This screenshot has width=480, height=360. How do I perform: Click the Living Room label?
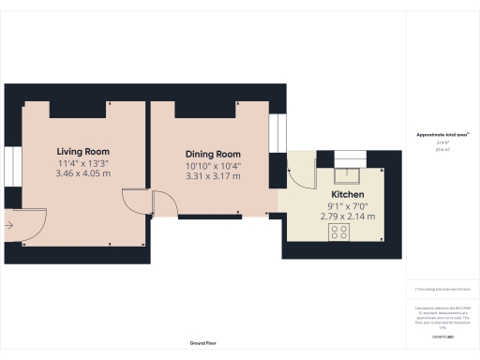(82, 151)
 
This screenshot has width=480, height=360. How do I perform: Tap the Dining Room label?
(213, 154)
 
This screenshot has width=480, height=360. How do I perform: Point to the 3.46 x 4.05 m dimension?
(82, 173)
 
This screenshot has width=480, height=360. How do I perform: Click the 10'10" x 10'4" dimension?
(213, 165)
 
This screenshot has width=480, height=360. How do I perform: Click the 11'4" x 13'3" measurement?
(82, 162)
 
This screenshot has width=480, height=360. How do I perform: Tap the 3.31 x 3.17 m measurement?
(213, 176)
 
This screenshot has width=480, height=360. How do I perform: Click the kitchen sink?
(347, 172)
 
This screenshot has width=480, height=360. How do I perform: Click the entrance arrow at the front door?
(8, 225)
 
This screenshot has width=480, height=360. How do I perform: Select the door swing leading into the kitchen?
(299, 173)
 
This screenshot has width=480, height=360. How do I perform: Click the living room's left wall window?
(9, 169)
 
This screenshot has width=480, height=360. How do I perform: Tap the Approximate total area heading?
(442, 135)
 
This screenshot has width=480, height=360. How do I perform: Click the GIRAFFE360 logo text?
(442, 335)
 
